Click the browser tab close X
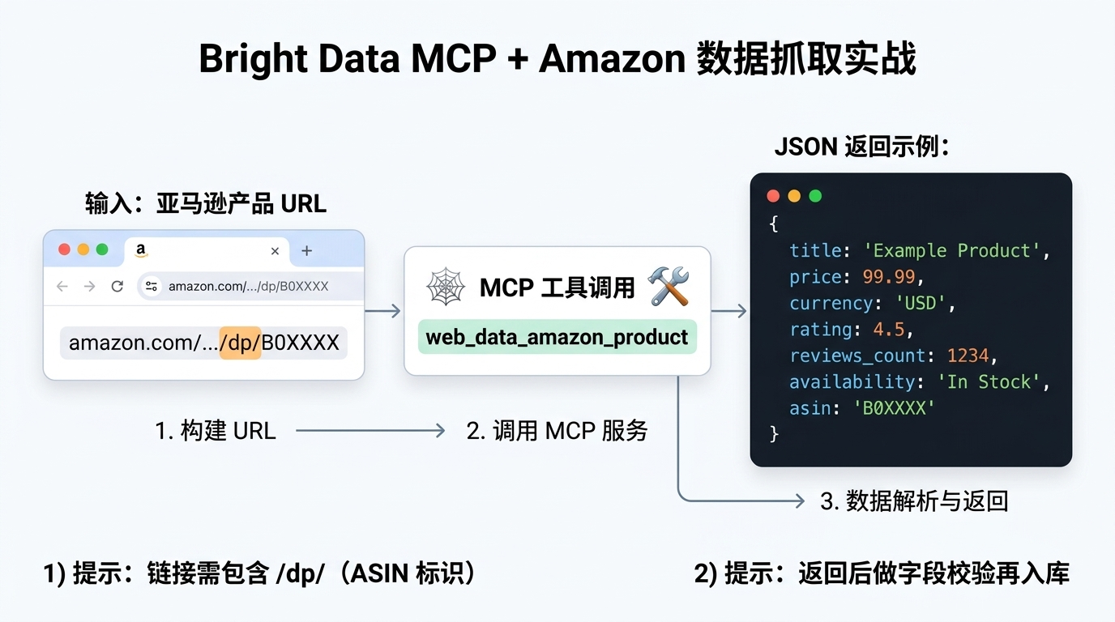pos(275,251)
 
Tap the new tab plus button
pos(306,251)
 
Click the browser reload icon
pos(117,286)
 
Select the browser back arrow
pos(62,286)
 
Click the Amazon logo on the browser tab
pos(141,249)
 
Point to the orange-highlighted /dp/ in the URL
pos(241,343)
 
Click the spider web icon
pos(446,287)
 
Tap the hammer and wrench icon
pos(669,286)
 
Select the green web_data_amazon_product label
pos(557,337)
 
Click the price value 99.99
pos(889,277)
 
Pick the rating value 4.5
pos(888,330)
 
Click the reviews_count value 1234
pos(968,356)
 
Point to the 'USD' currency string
pos(921,303)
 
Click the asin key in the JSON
pos(810,408)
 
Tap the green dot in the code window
pos(815,196)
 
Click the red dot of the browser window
pos(64,249)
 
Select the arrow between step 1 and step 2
pos(370,430)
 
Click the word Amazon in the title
pos(613,59)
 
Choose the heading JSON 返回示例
pos(861,147)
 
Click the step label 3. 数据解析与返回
pos(914,501)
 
